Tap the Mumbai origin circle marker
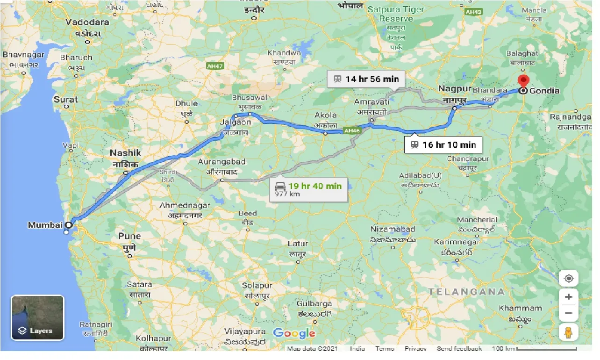[x=68, y=225]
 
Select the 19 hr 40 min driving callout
[x=309, y=189]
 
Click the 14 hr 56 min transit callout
[x=366, y=79]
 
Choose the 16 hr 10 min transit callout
[x=443, y=144]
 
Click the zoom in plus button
[x=569, y=297]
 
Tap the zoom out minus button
[x=569, y=313]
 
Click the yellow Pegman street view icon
[x=569, y=332]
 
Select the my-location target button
[x=569, y=279]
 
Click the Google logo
[x=294, y=333]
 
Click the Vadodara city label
[x=87, y=22]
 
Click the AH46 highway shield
[x=352, y=131]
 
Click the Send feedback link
[x=459, y=349]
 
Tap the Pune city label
[x=129, y=236]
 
